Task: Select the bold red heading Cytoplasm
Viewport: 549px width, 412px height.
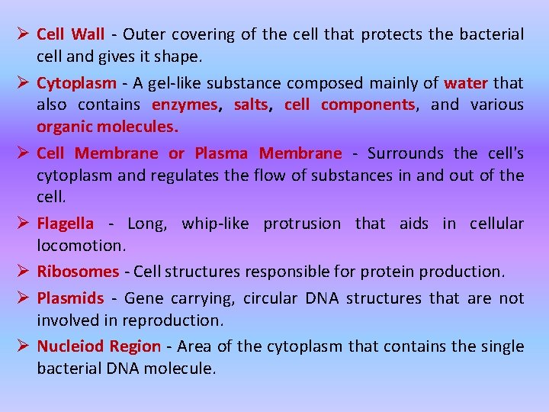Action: click(77, 82)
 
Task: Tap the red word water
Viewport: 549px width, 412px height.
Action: click(465, 82)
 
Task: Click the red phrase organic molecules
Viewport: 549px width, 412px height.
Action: click(108, 127)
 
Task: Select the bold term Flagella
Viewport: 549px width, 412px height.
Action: click(66, 224)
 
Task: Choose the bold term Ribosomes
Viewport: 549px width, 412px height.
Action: click(78, 271)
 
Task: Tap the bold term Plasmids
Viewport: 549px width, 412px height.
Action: click(70, 298)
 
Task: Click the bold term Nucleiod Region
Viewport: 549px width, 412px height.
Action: click(98, 346)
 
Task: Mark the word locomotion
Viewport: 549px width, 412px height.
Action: click(80, 246)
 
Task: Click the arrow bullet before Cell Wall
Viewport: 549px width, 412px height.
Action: click(23, 34)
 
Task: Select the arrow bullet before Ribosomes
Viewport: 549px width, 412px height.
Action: click(23, 271)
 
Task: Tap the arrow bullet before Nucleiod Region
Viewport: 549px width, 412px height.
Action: click(23, 346)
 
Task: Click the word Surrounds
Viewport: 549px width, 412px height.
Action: click(405, 153)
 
